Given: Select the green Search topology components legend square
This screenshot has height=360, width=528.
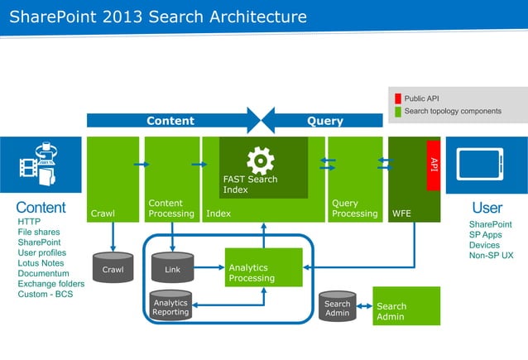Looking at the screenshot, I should coord(397,111).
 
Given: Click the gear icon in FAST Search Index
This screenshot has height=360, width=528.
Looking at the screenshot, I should coord(260,159).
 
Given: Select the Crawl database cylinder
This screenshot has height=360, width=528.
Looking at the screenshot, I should coord(113,268).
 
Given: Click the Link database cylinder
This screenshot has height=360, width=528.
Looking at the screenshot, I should coord(172,268).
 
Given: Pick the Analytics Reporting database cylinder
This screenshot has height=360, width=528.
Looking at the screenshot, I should coord(170,307).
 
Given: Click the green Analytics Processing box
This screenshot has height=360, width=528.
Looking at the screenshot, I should coord(263,272).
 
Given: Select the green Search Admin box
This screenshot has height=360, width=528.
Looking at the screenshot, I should coord(406,307).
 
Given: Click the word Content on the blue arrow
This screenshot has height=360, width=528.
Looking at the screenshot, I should coord(170,121).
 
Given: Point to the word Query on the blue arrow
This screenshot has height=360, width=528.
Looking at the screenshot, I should coord(324,121).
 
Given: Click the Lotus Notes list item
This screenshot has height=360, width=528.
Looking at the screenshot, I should coord(41,263).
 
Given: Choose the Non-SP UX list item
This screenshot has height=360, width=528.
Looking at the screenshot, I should coord(491,256).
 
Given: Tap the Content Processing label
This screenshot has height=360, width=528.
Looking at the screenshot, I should coord(171,209).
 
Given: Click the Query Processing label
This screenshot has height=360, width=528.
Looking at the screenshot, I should coord(354,209).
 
